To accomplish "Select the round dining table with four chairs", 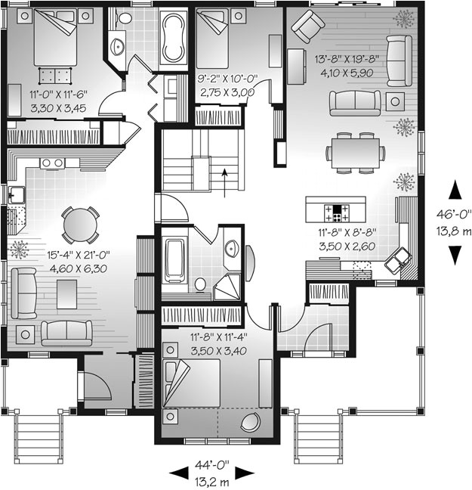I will (79, 224).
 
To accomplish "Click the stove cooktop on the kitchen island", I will (335, 209).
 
